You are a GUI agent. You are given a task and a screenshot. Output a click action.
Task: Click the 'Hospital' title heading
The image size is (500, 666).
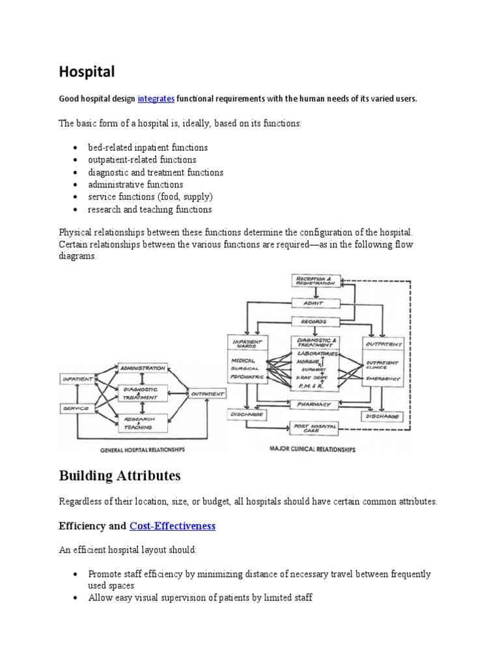[x=87, y=71]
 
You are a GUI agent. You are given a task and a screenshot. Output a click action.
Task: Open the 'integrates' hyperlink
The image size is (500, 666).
[x=156, y=99]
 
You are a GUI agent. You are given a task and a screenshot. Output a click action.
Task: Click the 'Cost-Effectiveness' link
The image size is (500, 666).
[x=173, y=526]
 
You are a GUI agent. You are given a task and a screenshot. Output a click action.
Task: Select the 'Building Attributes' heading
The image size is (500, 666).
[x=120, y=476]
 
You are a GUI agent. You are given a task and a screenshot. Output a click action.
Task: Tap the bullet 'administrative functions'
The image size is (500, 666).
[x=136, y=185]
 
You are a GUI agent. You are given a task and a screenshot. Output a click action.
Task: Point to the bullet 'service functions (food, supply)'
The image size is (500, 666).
[x=150, y=197]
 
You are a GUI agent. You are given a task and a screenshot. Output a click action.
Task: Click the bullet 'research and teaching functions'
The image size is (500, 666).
[x=150, y=209]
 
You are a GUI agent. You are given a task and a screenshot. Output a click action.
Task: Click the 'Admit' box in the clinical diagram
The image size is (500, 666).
[x=315, y=302]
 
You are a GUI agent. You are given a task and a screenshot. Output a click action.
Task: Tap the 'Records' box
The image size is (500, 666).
[x=315, y=321]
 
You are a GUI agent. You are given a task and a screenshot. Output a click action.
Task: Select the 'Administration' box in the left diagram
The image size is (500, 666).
[x=142, y=368]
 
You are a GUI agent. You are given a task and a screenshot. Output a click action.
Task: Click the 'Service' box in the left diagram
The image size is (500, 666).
[x=75, y=408]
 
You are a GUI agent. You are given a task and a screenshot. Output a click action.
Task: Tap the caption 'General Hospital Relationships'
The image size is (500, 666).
[x=143, y=449]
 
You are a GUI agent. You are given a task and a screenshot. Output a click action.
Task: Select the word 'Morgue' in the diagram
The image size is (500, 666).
[x=309, y=361]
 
